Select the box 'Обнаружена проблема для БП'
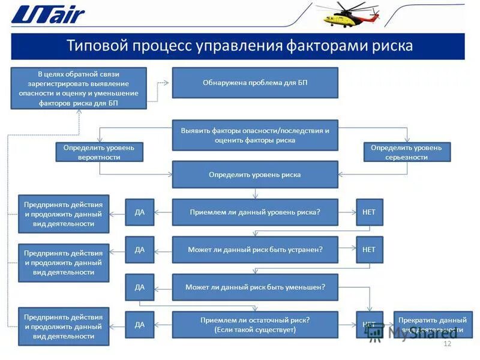coord(255,83)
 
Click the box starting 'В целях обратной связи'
coord(79,88)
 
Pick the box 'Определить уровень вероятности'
coord(100,152)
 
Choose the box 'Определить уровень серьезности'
coord(407,152)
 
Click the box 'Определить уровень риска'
coord(255,175)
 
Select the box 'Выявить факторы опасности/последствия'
coord(255,135)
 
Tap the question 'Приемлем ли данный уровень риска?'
coord(255,212)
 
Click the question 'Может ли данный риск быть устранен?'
coord(255,250)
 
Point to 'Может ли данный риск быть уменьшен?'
coord(255,287)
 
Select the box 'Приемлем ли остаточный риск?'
coord(255,325)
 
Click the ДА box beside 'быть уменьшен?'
coord(140,287)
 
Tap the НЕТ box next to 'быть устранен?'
coord(370,250)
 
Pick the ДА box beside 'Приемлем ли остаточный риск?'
coord(140,325)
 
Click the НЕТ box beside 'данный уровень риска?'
coord(370,212)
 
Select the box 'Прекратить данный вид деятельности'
coord(433,325)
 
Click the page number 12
coord(446,344)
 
